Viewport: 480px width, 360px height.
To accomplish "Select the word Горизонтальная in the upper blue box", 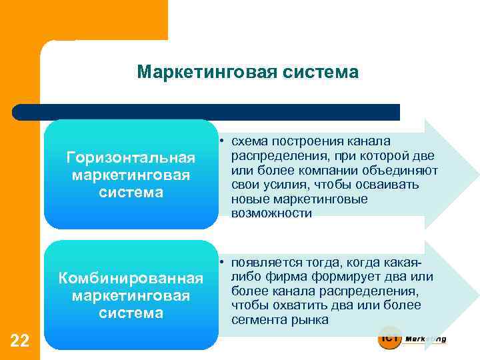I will (x=131, y=158).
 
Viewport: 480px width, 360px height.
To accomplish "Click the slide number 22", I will (x=20, y=341).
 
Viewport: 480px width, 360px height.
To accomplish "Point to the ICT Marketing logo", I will (x=411, y=338).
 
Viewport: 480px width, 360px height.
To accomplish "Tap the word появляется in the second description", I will (x=268, y=262).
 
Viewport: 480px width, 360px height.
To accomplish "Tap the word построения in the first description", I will (x=310, y=141).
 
